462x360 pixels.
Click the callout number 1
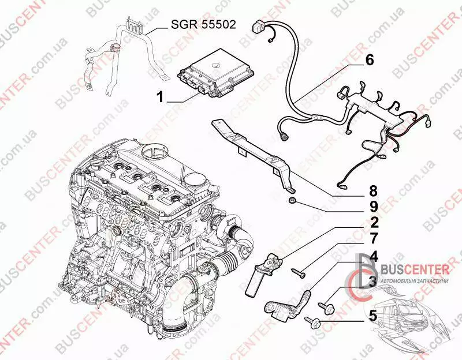(160, 96)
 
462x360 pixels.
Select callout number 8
(373, 191)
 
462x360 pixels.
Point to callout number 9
(373, 207)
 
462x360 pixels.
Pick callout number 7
(373, 238)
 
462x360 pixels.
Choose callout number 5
(372, 316)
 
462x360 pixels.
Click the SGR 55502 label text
(204, 24)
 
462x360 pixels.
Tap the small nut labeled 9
(292, 200)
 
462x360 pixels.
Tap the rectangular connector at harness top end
(258, 26)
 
